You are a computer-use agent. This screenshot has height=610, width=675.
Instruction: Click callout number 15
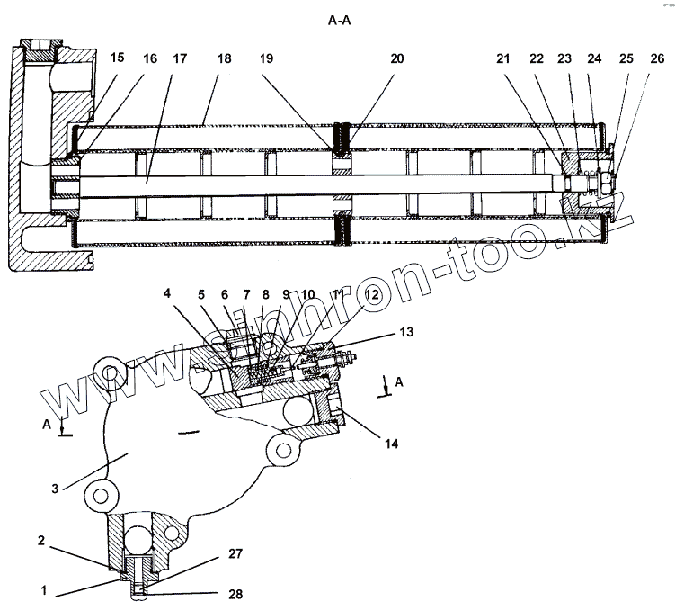118,58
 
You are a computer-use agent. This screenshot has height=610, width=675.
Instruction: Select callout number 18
224,58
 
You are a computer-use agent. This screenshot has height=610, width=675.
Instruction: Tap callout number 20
397,58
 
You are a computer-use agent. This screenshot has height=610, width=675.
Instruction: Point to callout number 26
657,58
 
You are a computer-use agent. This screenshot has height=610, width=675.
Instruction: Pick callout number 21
502,58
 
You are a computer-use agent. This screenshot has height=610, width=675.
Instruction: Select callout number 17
181,58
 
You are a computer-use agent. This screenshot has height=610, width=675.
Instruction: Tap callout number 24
594,58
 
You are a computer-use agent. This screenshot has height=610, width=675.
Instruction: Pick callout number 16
149,58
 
